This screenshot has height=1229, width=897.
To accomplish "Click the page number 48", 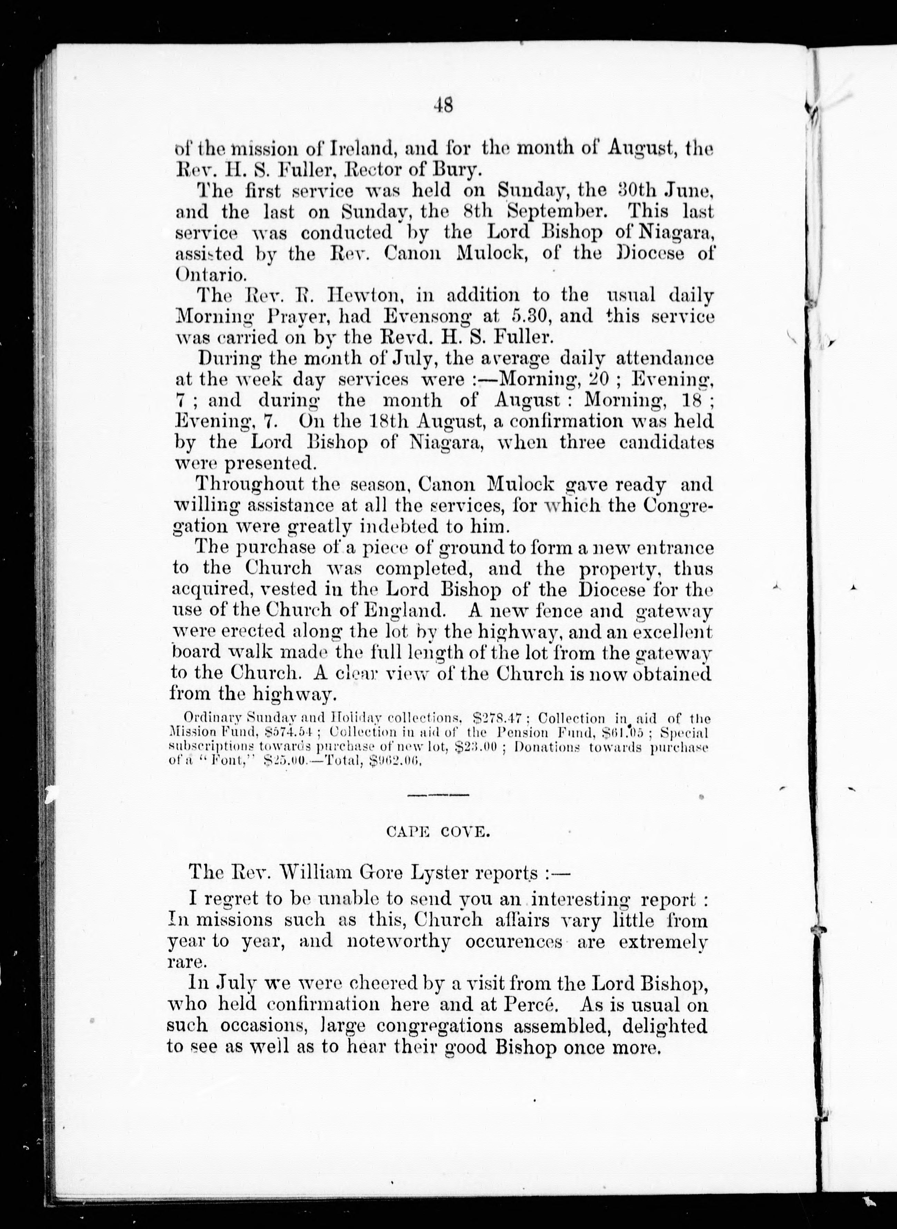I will click(x=443, y=105).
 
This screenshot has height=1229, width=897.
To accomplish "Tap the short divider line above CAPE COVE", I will click(x=438, y=795).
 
